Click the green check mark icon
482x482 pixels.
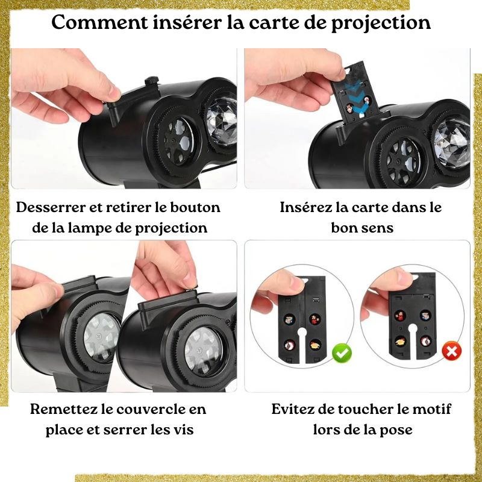pyautogui.click(x=342, y=354)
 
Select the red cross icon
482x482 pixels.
pyautogui.click(x=451, y=351)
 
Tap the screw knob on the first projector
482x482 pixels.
pyautogui.click(x=152, y=82)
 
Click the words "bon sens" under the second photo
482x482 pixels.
pyautogui.click(x=362, y=228)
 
